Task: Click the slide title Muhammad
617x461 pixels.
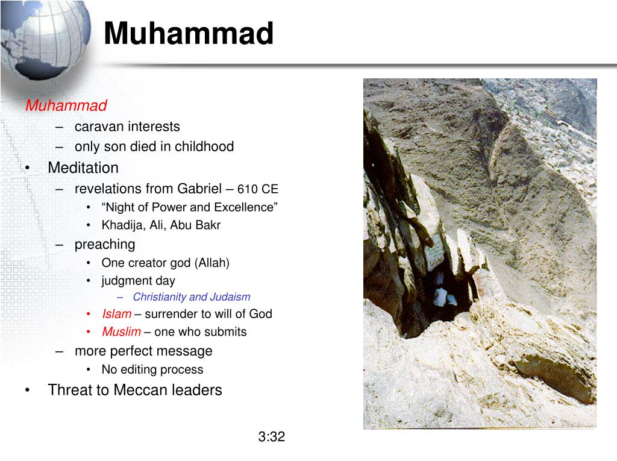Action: coord(188,34)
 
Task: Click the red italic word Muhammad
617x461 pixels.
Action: coord(66,106)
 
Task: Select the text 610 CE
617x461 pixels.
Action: coord(257,189)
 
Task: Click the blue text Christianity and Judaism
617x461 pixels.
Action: coord(191,297)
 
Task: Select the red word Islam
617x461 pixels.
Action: coord(116,314)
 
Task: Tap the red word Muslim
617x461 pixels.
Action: coord(121,332)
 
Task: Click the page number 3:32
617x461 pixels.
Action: coord(271,437)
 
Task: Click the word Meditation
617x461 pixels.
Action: coord(83,168)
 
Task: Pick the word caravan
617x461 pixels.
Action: coord(97,127)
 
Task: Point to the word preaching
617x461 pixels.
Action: coord(105,245)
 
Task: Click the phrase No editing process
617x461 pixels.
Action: coord(152,370)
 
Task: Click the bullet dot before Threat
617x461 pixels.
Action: coord(28,390)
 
